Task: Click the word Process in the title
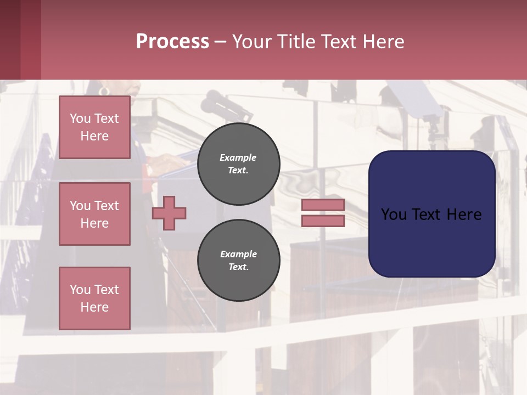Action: [172, 42]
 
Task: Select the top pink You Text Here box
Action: [94, 127]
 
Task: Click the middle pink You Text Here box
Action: [94, 214]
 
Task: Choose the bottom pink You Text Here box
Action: [94, 298]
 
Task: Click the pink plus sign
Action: [169, 213]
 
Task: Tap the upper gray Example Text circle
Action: [238, 164]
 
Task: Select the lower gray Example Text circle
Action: [238, 261]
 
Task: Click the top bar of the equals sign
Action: [323, 205]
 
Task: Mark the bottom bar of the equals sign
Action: [323, 221]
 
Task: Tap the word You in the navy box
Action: [394, 215]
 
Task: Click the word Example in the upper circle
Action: [238, 157]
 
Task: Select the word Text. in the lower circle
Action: [238, 267]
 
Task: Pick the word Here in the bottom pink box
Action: [94, 307]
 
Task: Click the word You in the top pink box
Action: [79, 119]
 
